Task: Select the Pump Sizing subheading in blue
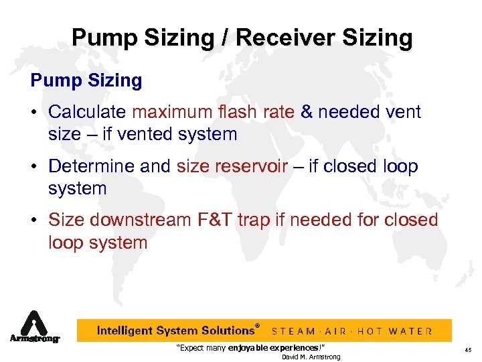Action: (x=86, y=81)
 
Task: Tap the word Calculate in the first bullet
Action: (x=88, y=111)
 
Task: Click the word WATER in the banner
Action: (x=412, y=331)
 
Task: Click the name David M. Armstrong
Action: (x=311, y=357)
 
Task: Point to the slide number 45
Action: (x=468, y=349)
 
